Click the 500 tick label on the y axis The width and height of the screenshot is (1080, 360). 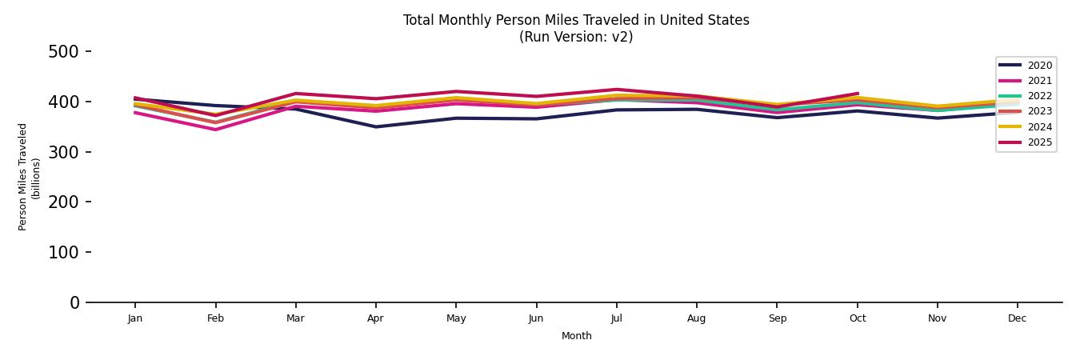tap(63, 52)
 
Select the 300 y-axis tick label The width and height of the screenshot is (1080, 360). tap(63, 152)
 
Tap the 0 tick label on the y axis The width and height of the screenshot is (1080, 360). tap(74, 302)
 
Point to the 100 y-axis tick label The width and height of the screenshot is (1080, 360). tap(63, 253)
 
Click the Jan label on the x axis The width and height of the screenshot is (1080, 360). tap(135, 318)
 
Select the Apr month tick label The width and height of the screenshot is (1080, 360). tap(375, 318)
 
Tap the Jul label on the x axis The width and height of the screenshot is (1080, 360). tap(616, 318)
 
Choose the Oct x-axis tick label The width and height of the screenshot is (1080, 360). tap(857, 318)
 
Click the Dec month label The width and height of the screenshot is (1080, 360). tap(1017, 318)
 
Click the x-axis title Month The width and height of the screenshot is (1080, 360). tap(576, 336)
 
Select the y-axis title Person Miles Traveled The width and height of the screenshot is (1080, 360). tap(23, 177)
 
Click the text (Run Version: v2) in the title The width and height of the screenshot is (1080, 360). tap(576, 37)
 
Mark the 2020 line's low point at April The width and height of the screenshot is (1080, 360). tap(375, 126)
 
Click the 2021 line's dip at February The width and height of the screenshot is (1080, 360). tap(215, 130)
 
